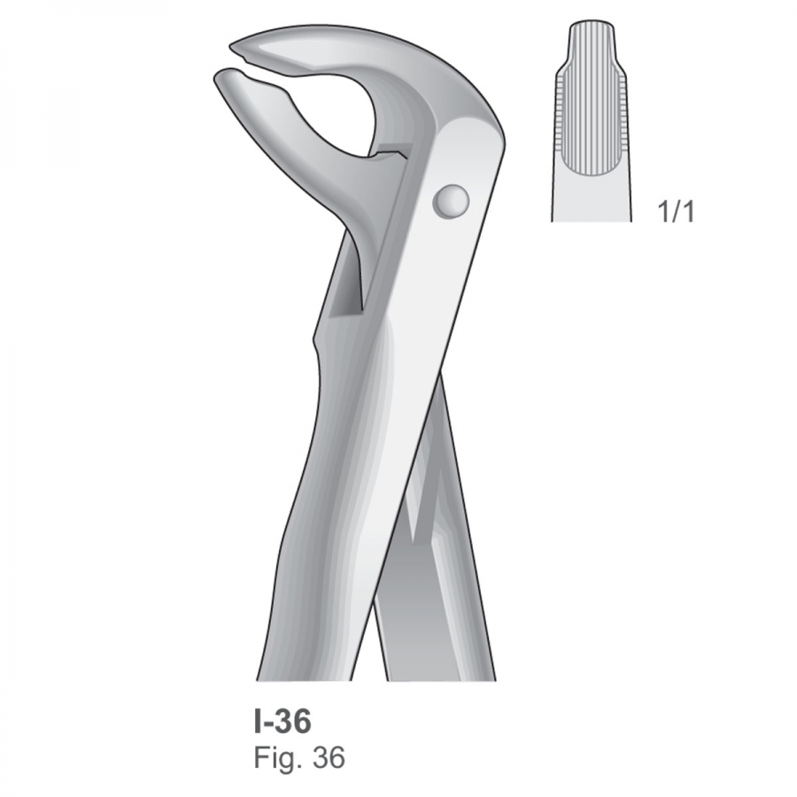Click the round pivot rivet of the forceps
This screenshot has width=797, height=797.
[451, 201]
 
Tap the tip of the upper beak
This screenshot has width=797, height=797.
[230, 49]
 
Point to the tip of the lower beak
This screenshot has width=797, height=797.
[215, 77]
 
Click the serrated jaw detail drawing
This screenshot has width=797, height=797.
[592, 121]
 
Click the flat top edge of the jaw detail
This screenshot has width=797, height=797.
[592, 22]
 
